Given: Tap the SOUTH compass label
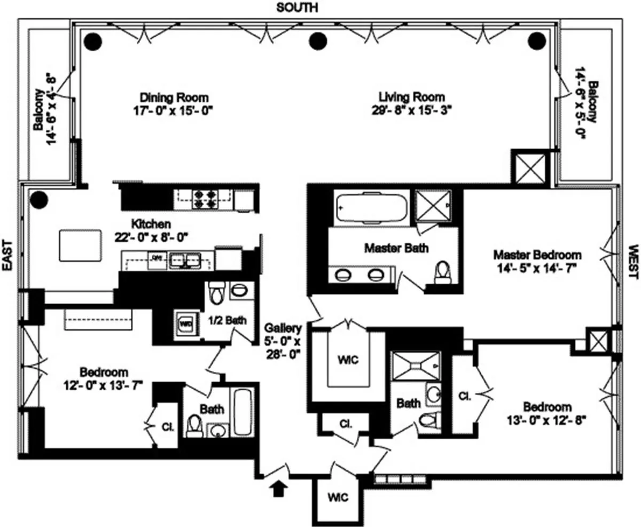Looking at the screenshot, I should pyautogui.click(x=298, y=7).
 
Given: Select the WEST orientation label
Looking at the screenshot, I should pyautogui.click(x=633, y=262).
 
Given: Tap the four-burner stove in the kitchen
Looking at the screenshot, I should pyautogui.click(x=204, y=199).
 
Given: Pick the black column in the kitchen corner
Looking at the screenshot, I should pyautogui.click(x=38, y=199).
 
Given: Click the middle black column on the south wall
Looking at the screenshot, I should pyautogui.click(x=318, y=41).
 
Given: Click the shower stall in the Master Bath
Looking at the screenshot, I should pyautogui.click(x=433, y=205).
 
